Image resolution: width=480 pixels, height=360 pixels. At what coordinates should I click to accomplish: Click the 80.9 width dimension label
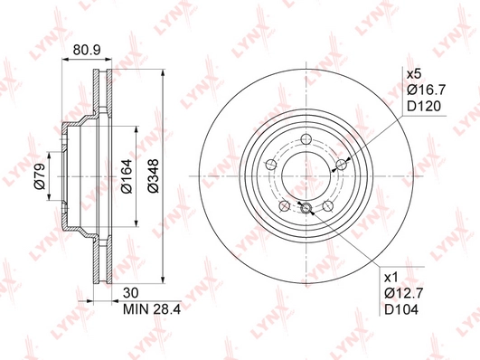(x=87, y=50)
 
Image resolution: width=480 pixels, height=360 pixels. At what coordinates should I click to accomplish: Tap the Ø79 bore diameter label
(x=41, y=176)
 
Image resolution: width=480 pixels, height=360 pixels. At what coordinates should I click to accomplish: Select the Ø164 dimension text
(x=127, y=175)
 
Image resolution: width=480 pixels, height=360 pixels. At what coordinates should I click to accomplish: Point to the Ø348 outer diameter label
(x=153, y=175)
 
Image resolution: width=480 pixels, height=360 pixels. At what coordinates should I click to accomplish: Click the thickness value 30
(x=131, y=293)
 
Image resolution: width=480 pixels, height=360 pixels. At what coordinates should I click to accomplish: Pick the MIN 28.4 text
(x=152, y=309)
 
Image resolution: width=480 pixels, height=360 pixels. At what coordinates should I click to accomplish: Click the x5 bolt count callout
(x=414, y=74)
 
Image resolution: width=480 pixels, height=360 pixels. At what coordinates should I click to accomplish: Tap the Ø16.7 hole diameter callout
(x=427, y=90)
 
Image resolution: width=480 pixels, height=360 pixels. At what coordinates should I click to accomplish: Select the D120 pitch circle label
(x=424, y=106)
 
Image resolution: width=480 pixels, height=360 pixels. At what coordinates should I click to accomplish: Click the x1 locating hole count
(x=391, y=278)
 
